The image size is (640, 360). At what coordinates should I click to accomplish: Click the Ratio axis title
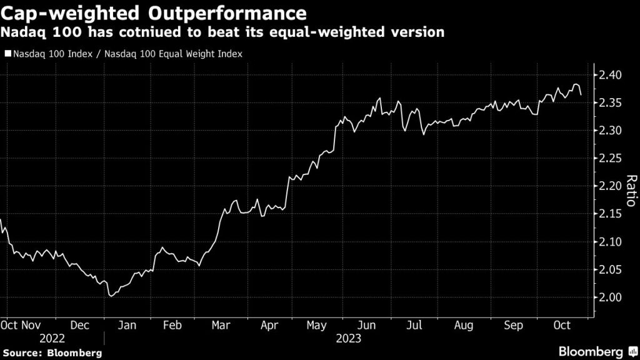coord(631,191)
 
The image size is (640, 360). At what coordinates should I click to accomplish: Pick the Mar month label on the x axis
coord(220,325)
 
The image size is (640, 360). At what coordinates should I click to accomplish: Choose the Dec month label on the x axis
coord(79,325)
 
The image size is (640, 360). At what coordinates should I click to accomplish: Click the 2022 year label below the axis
coord(52,339)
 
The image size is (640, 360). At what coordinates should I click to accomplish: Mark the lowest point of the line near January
coord(111,296)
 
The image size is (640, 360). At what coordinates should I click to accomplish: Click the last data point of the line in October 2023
coord(581,94)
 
